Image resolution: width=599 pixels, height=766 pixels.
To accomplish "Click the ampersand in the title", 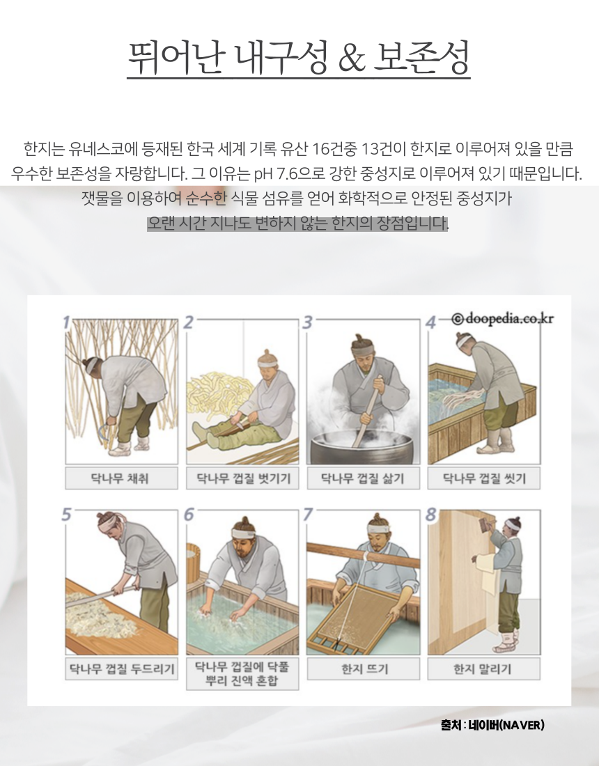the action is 352,58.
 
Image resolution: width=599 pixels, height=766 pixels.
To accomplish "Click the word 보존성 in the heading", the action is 421,58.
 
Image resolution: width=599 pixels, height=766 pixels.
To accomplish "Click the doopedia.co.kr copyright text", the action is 504,319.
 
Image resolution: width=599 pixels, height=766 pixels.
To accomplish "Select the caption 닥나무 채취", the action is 121,478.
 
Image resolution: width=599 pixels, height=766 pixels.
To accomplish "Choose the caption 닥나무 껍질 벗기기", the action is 242,478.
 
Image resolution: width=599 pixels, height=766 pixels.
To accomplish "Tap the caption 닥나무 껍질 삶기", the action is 363,478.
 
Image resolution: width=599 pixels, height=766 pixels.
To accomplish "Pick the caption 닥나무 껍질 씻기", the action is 484,478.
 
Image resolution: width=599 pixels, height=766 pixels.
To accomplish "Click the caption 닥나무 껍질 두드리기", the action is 121,669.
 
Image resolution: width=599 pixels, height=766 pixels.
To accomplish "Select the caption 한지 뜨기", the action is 364,669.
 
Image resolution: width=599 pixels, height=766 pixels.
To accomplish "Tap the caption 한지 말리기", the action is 484,669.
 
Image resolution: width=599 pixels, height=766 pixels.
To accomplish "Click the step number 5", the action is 66,515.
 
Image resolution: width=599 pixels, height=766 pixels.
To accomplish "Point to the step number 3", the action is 307,322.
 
